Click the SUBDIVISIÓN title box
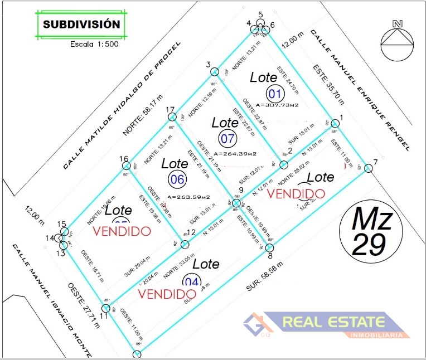(x=81, y=25)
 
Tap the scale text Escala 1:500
(x=94, y=45)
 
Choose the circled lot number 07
(x=227, y=138)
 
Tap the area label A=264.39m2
(x=234, y=154)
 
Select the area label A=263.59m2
(x=188, y=197)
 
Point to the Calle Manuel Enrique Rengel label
(x=360, y=90)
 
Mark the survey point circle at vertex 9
(x=236, y=203)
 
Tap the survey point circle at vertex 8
(x=269, y=247)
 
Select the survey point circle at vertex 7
(x=369, y=168)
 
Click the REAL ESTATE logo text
(x=333, y=322)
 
